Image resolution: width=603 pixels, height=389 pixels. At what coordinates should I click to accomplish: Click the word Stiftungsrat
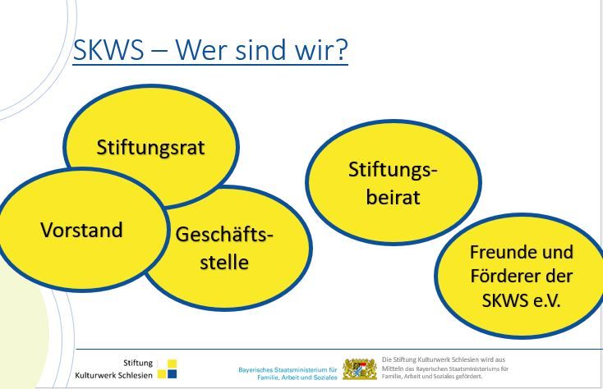click(150, 148)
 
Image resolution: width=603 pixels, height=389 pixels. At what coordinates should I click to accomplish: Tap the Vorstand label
click(81, 230)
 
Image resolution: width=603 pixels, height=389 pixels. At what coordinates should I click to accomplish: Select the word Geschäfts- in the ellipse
click(224, 234)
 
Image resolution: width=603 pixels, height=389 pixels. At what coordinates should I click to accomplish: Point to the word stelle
click(224, 262)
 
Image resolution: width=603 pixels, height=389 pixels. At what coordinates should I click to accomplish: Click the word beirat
click(393, 197)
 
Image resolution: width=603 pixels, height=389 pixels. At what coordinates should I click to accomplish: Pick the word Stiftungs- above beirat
click(393, 170)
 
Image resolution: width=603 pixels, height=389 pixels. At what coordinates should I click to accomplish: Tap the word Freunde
click(499, 252)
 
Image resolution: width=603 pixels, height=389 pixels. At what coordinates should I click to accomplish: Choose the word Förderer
click(507, 276)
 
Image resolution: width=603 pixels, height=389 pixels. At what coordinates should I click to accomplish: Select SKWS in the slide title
click(108, 50)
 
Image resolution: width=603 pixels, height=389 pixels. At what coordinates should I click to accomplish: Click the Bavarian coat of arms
click(360, 369)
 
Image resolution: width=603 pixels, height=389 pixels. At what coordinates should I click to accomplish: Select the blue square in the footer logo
click(173, 373)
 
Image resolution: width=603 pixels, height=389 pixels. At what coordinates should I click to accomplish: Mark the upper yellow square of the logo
click(173, 364)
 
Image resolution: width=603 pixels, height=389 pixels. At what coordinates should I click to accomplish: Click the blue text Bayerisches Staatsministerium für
click(288, 370)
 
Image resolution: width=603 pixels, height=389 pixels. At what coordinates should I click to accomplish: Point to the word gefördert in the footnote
click(469, 377)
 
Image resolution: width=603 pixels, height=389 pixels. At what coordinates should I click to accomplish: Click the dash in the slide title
click(159, 51)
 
